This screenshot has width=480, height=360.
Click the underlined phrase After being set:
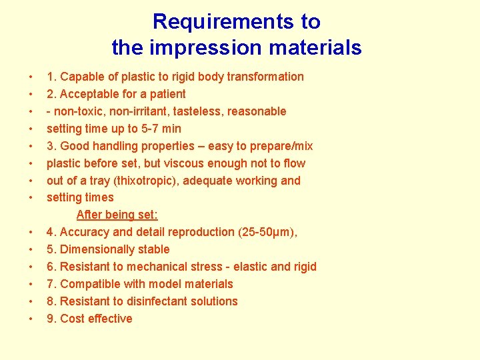(x=117, y=215)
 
